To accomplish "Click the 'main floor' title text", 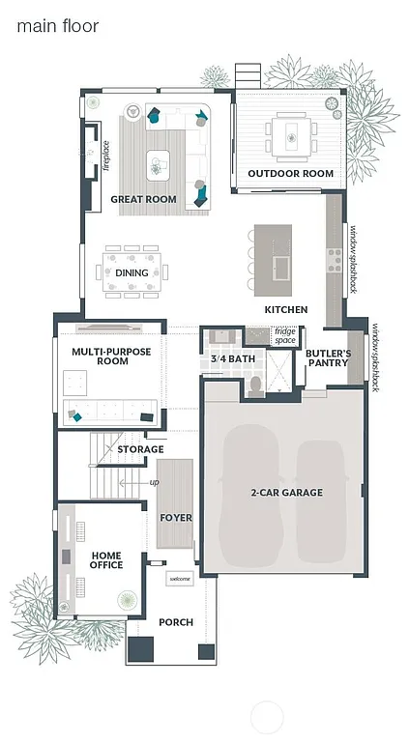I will point(57,26).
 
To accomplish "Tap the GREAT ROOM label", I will point(143,199).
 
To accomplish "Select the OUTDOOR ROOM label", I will point(290,174).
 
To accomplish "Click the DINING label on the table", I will point(131,272).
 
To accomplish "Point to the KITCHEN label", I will point(286,310).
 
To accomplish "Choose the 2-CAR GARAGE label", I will point(286,493).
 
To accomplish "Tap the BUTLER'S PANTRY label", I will point(328,358).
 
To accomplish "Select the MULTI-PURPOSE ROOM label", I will point(111,357).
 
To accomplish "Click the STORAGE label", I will point(140,449).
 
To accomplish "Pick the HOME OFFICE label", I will point(106,559).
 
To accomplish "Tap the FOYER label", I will point(175,518).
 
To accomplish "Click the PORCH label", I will point(176,622).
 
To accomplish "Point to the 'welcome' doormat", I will point(180,579).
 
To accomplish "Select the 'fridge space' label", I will point(285,336).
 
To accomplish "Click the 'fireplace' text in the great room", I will point(106,157).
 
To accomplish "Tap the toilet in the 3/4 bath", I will point(254,385).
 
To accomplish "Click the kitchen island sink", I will point(282,265).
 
